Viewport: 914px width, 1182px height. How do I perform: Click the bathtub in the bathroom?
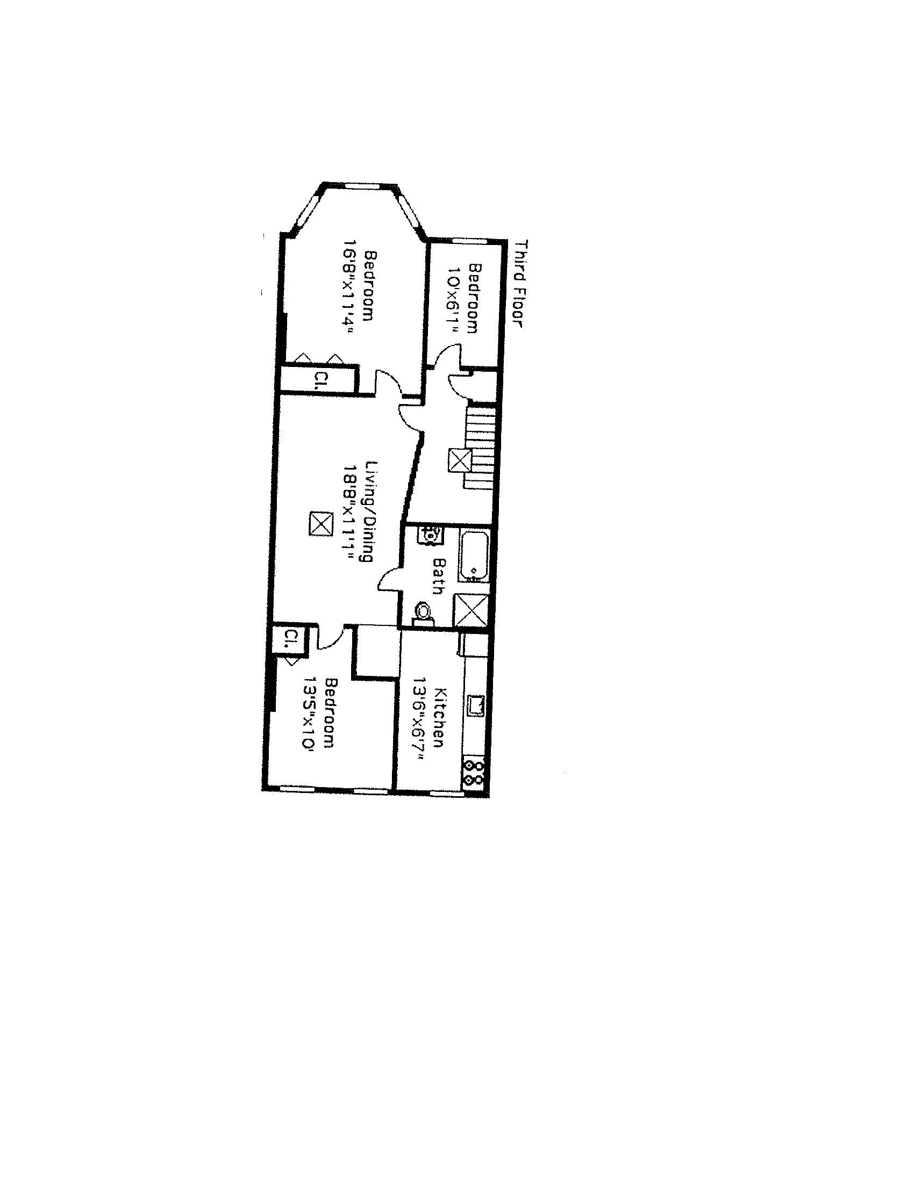click(x=474, y=557)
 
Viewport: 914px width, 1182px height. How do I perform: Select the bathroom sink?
click(x=431, y=535)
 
